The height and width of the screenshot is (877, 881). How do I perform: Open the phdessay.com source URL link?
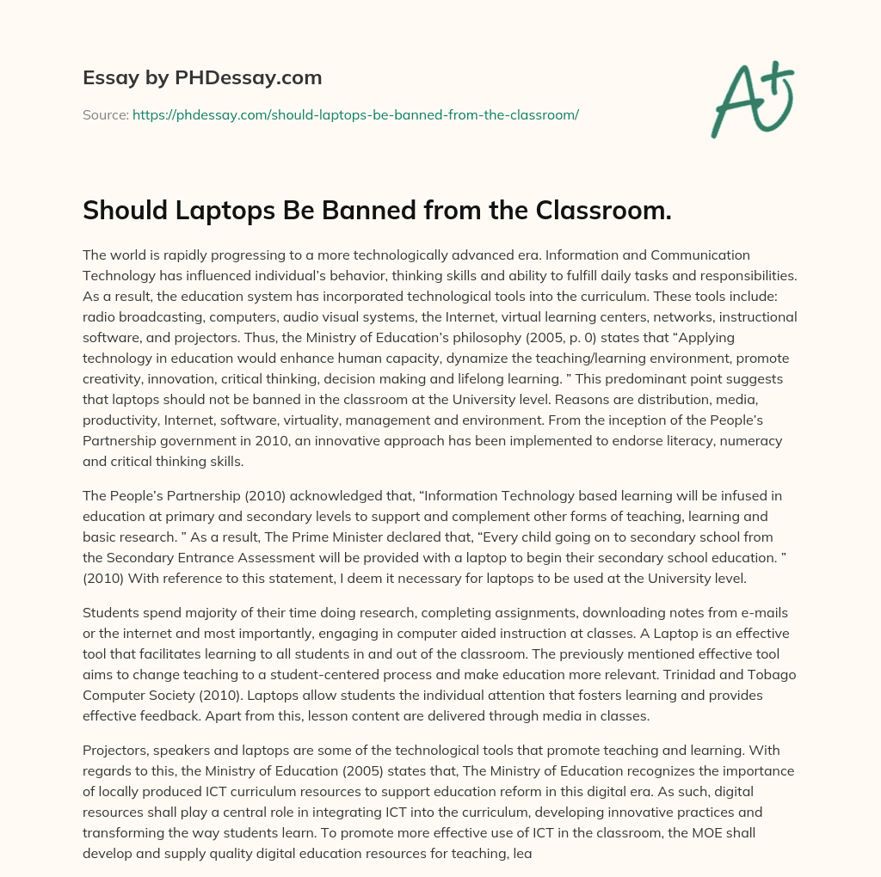pos(355,114)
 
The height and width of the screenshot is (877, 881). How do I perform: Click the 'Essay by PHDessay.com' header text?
pos(202,78)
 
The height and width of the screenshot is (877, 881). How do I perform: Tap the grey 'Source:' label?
pos(105,114)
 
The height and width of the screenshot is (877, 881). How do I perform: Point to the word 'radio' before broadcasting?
pos(100,317)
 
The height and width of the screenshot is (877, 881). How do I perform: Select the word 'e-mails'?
pos(724,611)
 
